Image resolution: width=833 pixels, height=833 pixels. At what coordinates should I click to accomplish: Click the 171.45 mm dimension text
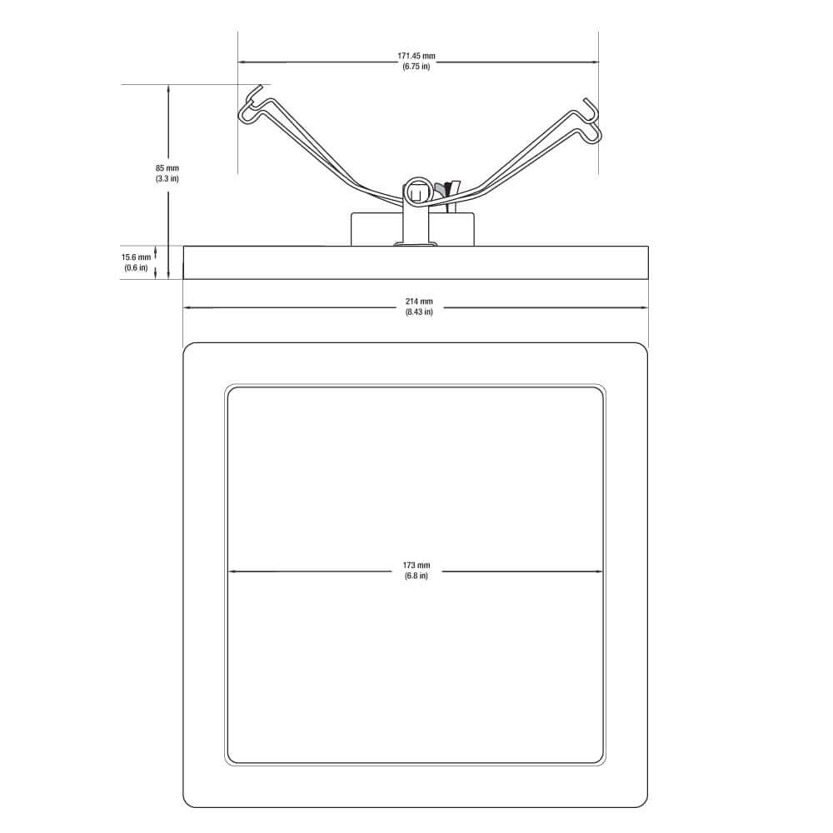click(x=416, y=56)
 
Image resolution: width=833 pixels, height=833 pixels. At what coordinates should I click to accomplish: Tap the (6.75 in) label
click(x=416, y=67)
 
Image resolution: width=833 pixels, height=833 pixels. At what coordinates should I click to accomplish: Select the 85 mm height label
click(x=167, y=168)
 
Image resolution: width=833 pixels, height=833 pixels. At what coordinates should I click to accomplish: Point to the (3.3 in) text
click(x=167, y=178)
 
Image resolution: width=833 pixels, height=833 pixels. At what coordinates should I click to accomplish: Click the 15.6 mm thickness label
click(x=136, y=257)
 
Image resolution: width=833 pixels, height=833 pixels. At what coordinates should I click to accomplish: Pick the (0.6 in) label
click(x=136, y=267)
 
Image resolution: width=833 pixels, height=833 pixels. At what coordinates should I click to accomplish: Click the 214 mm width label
click(x=419, y=302)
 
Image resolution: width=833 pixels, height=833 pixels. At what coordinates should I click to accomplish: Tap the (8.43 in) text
click(x=419, y=312)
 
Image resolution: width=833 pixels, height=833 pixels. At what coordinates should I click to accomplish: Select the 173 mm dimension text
click(x=416, y=566)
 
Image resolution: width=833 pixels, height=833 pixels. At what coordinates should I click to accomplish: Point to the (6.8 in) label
click(x=416, y=576)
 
